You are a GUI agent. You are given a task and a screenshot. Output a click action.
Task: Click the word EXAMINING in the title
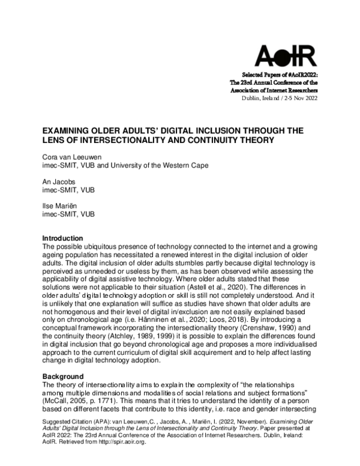click(70, 130)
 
